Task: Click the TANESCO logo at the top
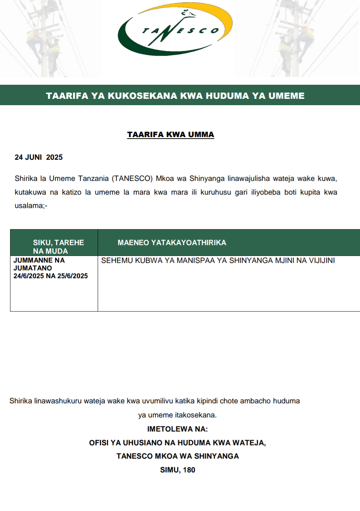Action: click(x=175, y=30)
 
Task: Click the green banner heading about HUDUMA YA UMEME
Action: click(x=175, y=96)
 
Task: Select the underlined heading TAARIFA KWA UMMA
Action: click(x=171, y=135)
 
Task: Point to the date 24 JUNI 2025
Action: click(x=39, y=157)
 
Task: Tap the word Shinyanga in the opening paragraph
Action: click(x=207, y=178)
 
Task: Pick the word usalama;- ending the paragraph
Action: click(x=31, y=206)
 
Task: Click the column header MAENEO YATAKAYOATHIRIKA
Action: click(x=172, y=243)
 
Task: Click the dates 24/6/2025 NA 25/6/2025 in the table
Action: click(x=51, y=276)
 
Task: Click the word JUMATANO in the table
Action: click(x=33, y=268)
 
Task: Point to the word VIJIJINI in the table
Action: click(x=322, y=261)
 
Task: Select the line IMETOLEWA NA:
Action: click(x=178, y=429)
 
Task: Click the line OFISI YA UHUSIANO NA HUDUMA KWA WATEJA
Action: click(x=177, y=443)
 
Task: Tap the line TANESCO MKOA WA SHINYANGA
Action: click(x=178, y=456)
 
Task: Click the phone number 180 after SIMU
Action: click(x=189, y=470)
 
